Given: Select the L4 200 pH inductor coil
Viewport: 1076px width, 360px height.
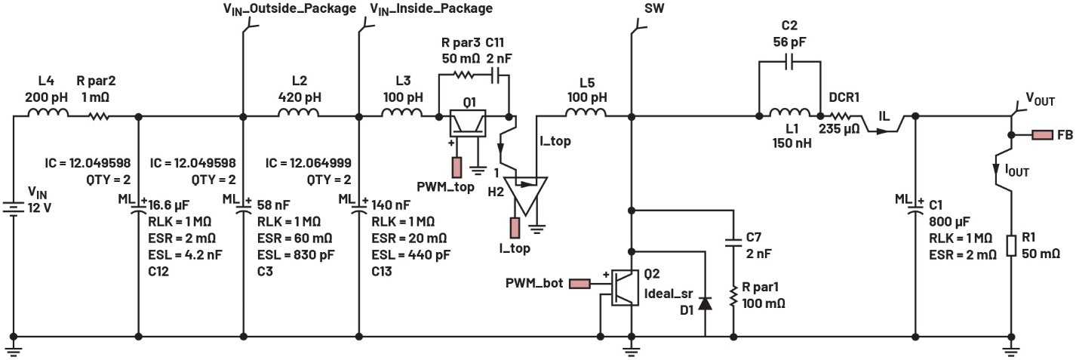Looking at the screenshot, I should pyautogui.click(x=49, y=114).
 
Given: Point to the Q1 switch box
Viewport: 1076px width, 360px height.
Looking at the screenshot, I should pyautogui.click(x=466, y=123).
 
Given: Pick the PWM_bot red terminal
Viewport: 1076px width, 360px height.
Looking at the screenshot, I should pyautogui.click(x=580, y=285).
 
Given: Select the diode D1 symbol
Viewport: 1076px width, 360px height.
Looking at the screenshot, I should pyautogui.click(x=705, y=303).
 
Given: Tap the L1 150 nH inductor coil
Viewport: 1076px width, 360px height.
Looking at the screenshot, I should pyautogui.click(x=789, y=114).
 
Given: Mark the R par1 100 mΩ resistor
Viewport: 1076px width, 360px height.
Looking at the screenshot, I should pyautogui.click(x=733, y=297).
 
